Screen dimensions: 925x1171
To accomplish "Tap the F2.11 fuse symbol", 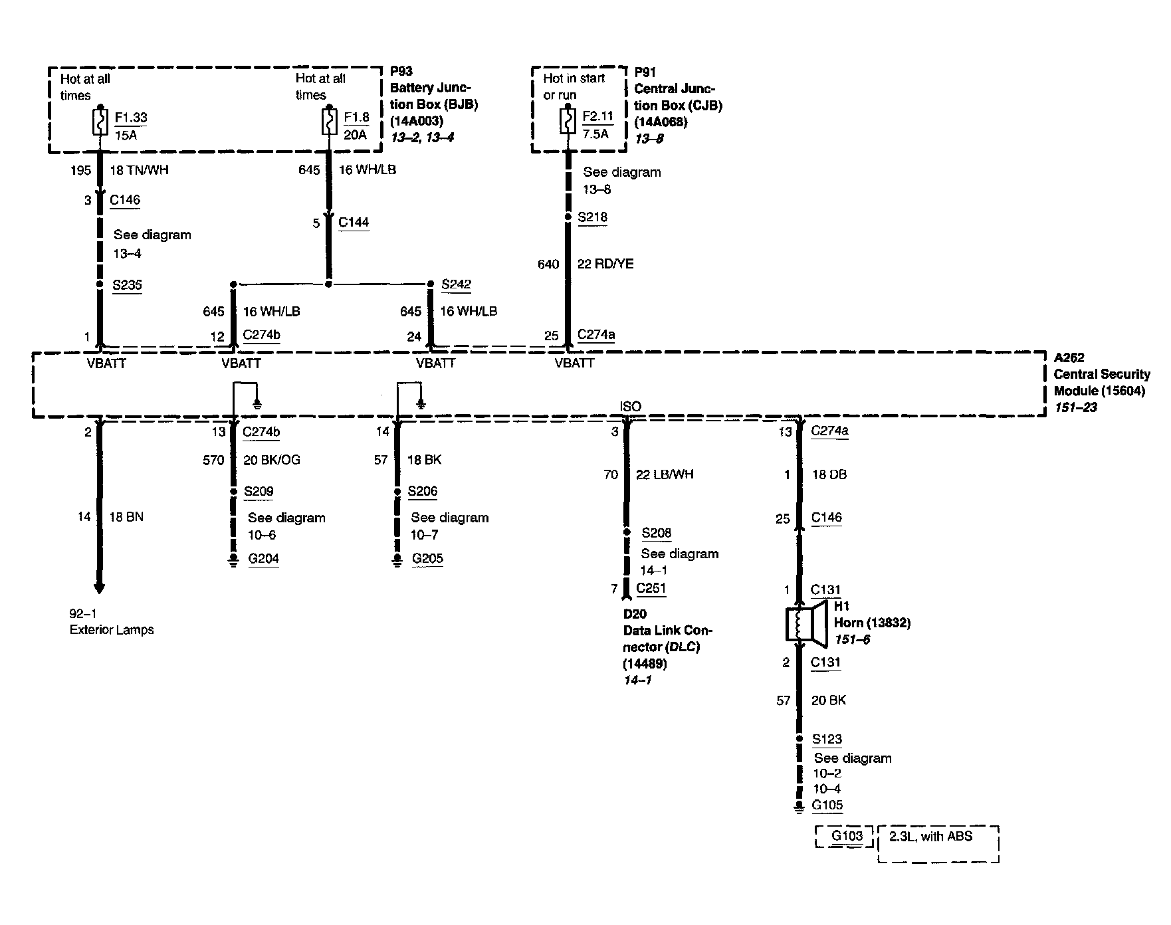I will [x=568, y=122].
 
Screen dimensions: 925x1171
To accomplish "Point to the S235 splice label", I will [x=127, y=285].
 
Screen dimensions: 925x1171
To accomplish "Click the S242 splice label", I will [x=456, y=284].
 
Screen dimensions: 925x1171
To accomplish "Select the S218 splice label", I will [x=592, y=217].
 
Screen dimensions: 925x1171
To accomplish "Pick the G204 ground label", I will [x=263, y=559].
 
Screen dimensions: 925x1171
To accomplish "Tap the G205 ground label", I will [x=427, y=559].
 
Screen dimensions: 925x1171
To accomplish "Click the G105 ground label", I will [x=827, y=805].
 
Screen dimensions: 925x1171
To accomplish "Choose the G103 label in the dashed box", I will [x=847, y=836].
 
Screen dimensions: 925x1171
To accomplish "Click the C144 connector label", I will [x=354, y=223].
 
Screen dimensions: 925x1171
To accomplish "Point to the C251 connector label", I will [x=651, y=588].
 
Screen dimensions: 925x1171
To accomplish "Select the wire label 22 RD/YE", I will [x=605, y=264].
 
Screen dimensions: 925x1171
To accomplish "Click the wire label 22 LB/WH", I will [x=664, y=474].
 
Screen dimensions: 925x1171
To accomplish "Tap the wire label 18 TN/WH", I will [x=139, y=170].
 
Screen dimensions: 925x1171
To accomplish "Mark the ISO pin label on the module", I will [x=630, y=407].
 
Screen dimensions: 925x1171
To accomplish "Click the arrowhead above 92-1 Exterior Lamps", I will [x=100, y=587].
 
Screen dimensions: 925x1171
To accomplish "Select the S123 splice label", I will [x=827, y=739].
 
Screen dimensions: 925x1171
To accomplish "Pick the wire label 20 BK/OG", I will [x=271, y=460].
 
